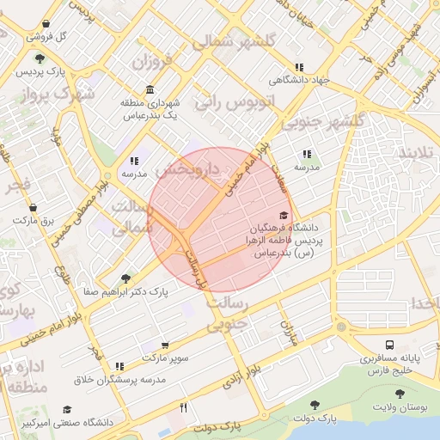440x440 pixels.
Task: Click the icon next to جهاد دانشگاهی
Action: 299,67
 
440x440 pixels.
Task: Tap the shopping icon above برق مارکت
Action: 33,208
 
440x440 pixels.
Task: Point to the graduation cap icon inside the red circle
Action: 284,216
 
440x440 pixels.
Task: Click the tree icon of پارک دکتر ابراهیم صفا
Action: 126,278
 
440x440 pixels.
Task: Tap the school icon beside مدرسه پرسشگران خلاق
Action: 119,366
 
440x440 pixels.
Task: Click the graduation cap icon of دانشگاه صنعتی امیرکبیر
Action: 67,411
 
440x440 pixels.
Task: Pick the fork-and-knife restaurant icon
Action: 183,408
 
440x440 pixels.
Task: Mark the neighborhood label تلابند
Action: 419,153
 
